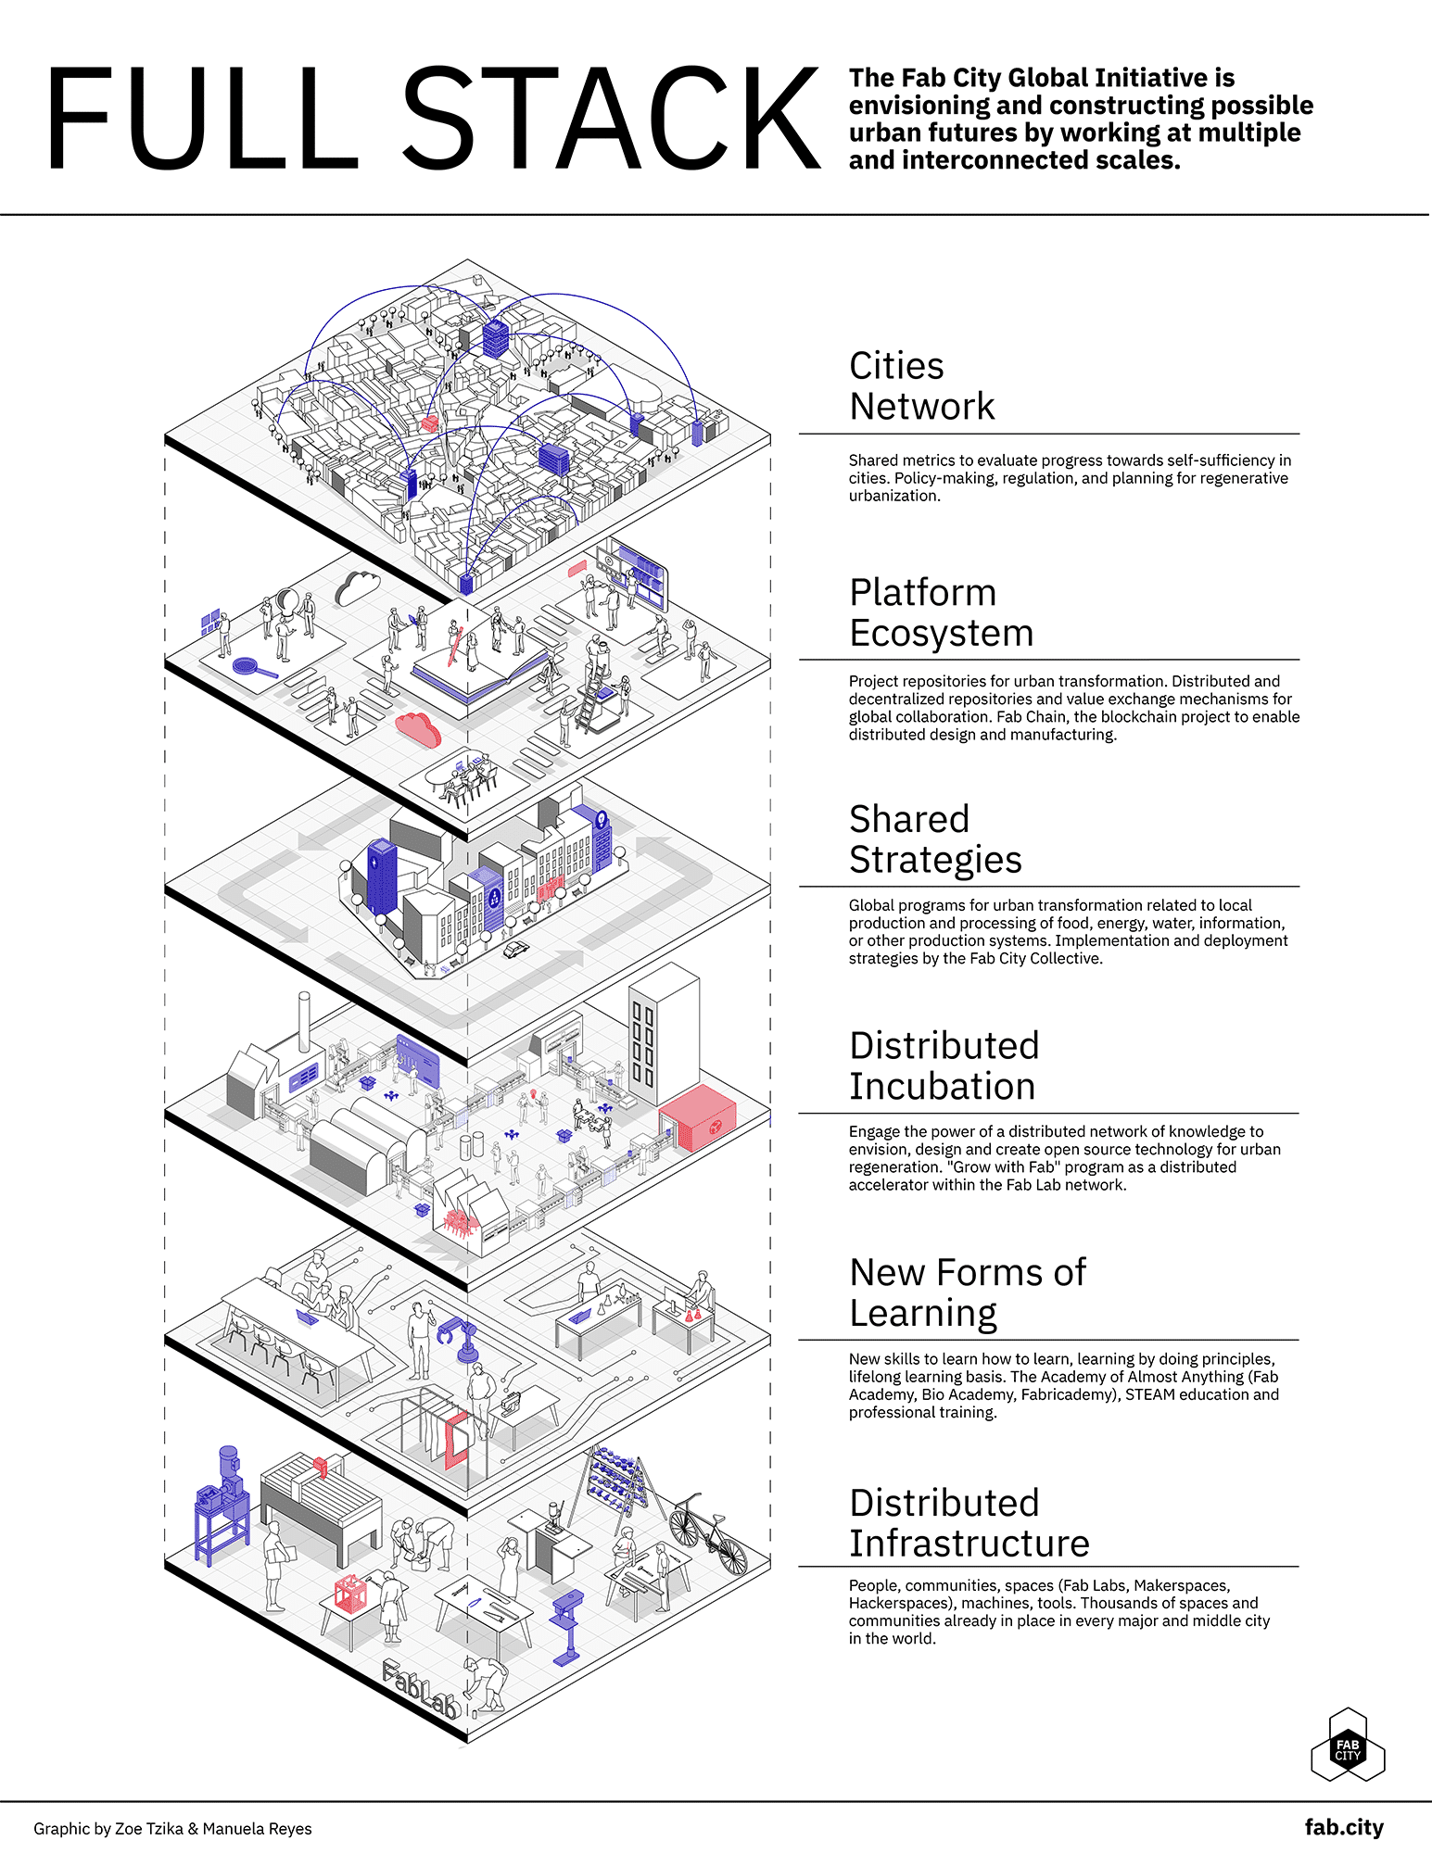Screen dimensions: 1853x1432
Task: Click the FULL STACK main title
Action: (432, 119)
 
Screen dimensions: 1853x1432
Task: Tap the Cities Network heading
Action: (921, 386)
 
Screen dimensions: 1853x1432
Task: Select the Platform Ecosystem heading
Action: (941, 612)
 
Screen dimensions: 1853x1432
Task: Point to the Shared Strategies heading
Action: (934, 839)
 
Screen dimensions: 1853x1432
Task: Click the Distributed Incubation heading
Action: (944, 1065)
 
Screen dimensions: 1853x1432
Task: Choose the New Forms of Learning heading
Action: (967, 1292)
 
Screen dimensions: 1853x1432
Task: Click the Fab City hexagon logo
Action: (1348, 1746)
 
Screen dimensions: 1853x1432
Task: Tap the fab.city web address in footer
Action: (1343, 1827)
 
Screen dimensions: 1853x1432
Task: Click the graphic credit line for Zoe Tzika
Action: (172, 1829)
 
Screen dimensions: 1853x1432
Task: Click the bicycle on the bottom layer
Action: (708, 1532)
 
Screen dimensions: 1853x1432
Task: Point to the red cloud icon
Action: (418, 729)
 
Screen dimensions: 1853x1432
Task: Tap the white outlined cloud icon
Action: (358, 587)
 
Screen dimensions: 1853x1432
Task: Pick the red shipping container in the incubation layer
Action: (698, 1118)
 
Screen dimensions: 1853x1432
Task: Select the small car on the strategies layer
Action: (515, 949)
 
